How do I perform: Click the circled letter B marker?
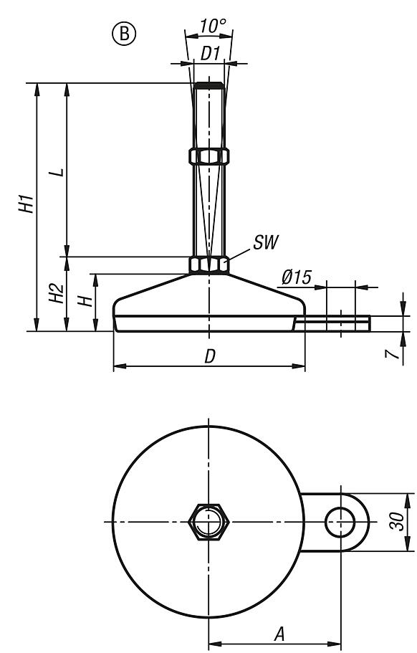click(x=124, y=34)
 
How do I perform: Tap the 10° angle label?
click(x=213, y=27)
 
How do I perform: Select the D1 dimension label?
click(x=209, y=53)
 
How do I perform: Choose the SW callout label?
click(x=264, y=240)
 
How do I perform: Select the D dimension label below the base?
click(x=209, y=356)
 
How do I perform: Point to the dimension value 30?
click(x=404, y=521)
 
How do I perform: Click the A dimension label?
click(x=279, y=633)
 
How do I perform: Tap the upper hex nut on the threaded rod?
click(x=208, y=156)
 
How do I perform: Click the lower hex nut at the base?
click(x=208, y=265)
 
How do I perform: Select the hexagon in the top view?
click(x=208, y=521)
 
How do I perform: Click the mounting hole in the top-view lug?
click(x=340, y=521)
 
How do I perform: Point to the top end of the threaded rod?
click(x=208, y=85)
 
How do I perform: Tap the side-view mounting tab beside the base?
click(x=333, y=324)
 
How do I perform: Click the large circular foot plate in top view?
click(x=158, y=566)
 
